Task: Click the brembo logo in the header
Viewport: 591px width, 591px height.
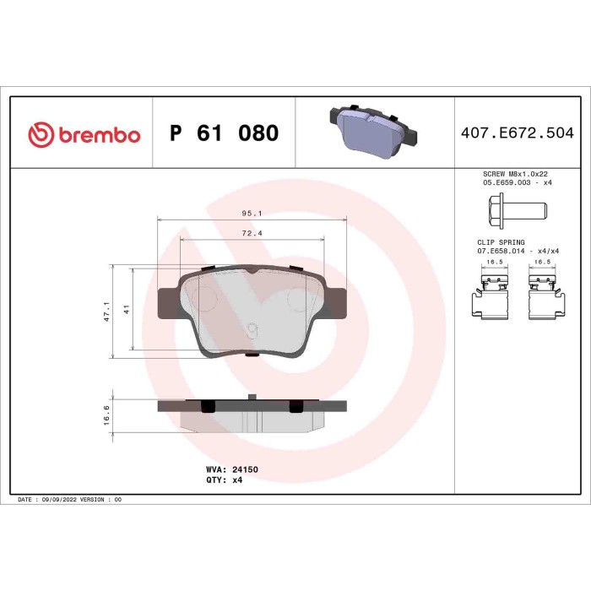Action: tap(84, 133)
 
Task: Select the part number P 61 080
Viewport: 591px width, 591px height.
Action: tap(224, 133)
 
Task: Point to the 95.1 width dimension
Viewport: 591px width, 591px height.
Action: tap(252, 214)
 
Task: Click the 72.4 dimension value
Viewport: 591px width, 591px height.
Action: tap(252, 232)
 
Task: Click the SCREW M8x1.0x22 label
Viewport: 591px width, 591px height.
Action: tap(508, 172)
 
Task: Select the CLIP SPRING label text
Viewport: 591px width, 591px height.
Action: tap(501, 242)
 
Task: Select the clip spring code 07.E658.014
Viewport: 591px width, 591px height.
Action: tap(505, 251)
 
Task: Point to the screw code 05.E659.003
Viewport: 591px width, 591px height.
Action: tap(505, 181)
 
